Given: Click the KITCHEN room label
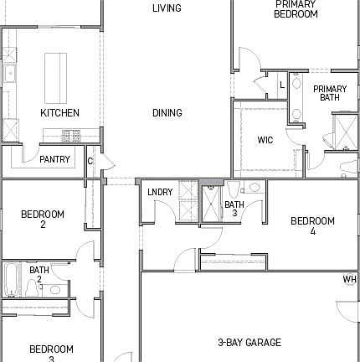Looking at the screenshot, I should pyautogui.click(x=60, y=112).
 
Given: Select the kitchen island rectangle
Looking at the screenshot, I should pyautogui.click(x=58, y=75).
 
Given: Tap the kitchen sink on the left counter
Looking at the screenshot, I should pyautogui.click(x=10, y=75).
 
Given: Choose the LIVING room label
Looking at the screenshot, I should pyautogui.click(x=167, y=8).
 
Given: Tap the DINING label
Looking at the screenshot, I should pyautogui.click(x=167, y=113).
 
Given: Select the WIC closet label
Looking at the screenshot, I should pyautogui.click(x=265, y=140).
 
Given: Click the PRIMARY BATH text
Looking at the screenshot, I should pyautogui.click(x=330, y=93).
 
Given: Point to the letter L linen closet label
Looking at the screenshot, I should pyautogui.click(x=282, y=85).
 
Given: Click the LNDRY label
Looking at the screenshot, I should pyautogui.click(x=160, y=192).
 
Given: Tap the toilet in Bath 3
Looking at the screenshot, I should pyautogui.click(x=234, y=189).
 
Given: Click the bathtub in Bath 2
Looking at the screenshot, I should pyautogui.click(x=10, y=282).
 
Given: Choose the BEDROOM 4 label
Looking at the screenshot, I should pyautogui.click(x=312, y=225).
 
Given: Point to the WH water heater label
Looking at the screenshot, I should pyautogui.click(x=349, y=280).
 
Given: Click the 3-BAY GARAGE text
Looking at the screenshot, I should pyautogui.click(x=249, y=342).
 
